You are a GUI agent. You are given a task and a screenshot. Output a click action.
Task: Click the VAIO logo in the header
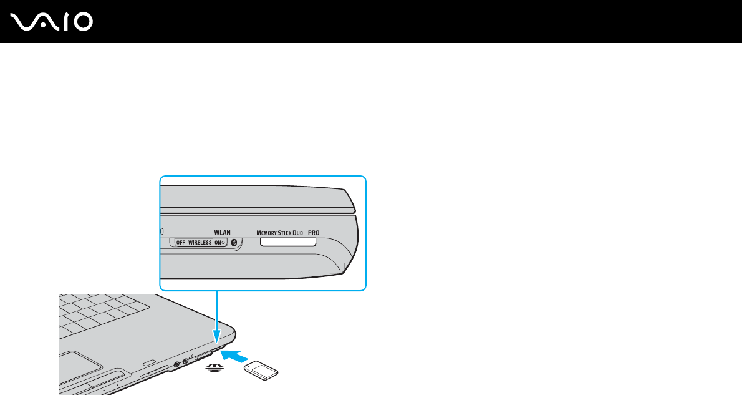pos(52,22)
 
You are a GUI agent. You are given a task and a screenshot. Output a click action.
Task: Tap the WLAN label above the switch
pos(223,233)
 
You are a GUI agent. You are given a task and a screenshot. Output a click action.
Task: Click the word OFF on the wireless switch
pos(181,243)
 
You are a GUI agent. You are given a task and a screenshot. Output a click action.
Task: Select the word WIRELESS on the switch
pos(201,243)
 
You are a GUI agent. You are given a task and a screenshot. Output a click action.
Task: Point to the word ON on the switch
pos(219,243)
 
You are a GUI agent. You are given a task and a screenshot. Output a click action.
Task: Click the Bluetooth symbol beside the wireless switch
pos(234,243)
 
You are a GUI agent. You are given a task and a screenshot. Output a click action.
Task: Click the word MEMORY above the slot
pos(268,233)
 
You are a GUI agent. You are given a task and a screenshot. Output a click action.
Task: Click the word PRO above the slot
pos(313,233)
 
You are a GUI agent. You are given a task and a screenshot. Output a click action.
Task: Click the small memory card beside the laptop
pos(261,371)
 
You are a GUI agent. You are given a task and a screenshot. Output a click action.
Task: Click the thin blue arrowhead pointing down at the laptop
pos(215,338)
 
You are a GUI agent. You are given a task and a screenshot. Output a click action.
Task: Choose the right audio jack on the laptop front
pos(185,361)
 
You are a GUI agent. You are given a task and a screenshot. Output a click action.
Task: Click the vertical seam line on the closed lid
pos(279,197)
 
